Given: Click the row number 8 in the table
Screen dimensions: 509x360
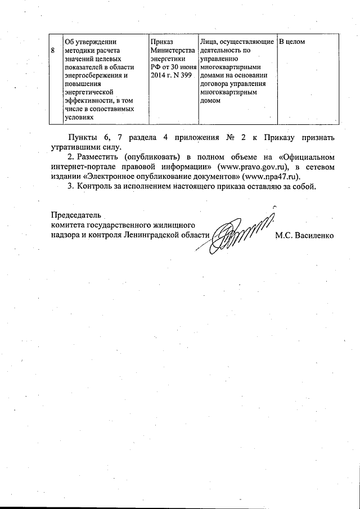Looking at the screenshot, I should pyautogui.click(x=53, y=50).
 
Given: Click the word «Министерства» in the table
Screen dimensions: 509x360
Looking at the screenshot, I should pyautogui.click(x=172, y=51).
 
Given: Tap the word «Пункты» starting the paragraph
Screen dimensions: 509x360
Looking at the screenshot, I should pyautogui.click(x=82, y=138).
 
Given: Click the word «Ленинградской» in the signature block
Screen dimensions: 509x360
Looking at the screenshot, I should pyautogui.click(x=147, y=235).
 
